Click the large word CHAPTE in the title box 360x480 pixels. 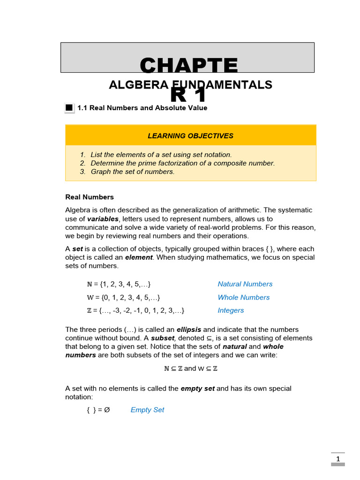(x=188, y=66)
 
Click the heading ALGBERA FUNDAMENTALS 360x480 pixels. (x=190, y=85)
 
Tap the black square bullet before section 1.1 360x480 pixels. (x=69, y=108)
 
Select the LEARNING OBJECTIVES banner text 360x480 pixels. (x=190, y=136)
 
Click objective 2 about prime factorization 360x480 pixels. (x=182, y=163)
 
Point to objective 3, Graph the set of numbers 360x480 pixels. (x=132, y=172)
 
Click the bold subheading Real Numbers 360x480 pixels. (x=90, y=197)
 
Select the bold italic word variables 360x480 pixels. (x=103, y=219)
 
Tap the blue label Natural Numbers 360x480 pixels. (x=245, y=284)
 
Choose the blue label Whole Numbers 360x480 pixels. (x=243, y=297)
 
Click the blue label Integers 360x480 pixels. (x=231, y=310)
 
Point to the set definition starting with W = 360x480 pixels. (x=123, y=297)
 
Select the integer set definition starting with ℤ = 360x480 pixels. (x=135, y=310)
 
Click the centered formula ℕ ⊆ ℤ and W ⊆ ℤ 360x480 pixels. (x=190, y=368)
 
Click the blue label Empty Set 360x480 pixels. (x=147, y=410)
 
